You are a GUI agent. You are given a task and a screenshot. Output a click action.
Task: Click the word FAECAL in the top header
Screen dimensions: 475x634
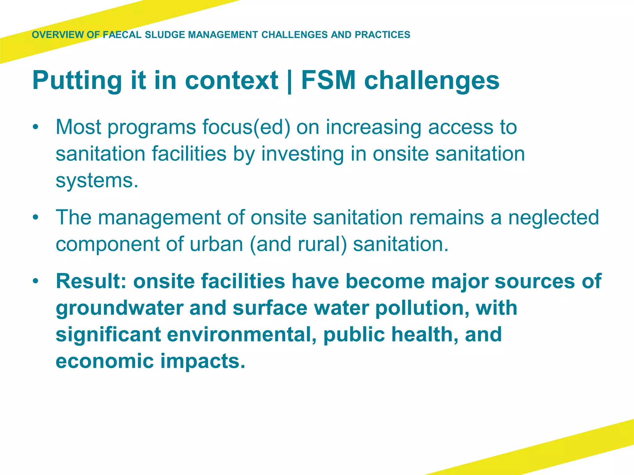point(122,35)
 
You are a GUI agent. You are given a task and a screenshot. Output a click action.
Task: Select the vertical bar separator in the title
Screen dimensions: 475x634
point(289,81)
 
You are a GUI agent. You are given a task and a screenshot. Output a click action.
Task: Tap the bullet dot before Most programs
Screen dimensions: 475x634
point(36,127)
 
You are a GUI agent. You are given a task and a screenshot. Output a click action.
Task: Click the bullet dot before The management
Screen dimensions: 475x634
point(36,217)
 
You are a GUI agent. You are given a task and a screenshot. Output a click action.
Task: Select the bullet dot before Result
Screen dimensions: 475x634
point(36,281)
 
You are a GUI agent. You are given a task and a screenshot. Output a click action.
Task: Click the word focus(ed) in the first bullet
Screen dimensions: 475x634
point(246,127)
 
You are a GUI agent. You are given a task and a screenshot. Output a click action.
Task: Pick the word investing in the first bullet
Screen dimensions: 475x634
point(302,154)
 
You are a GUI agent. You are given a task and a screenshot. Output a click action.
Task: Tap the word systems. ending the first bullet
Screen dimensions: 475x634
point(97,180)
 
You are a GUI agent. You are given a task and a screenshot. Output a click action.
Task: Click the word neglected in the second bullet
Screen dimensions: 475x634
point(554,217)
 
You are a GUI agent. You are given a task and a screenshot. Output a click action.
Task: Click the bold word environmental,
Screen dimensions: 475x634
point(242,335)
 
